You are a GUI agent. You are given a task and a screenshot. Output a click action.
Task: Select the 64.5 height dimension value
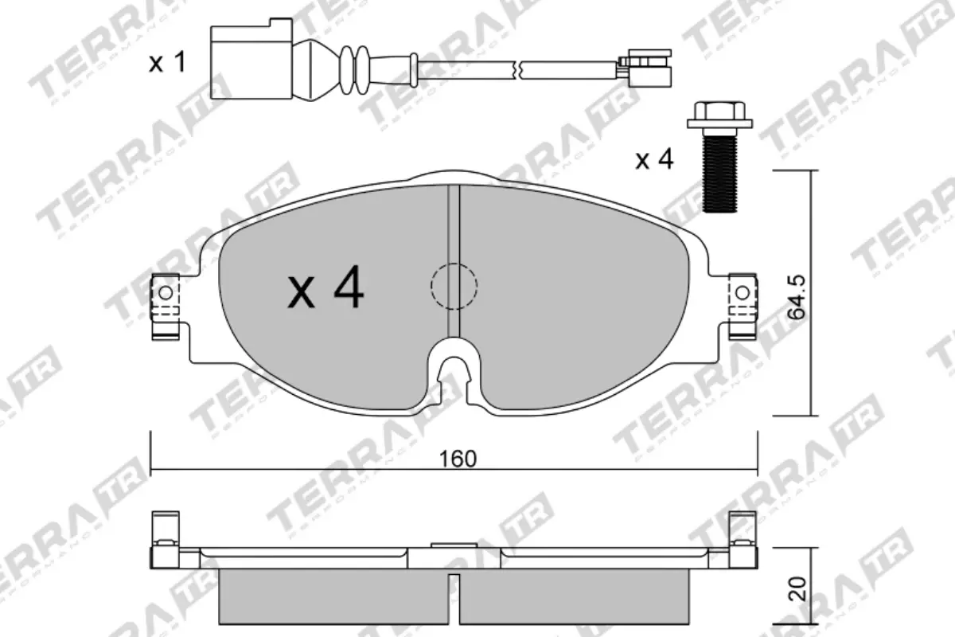pyautogui.click(x=797, y=297)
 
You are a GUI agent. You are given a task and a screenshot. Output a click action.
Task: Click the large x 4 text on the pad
pyautogui.click(x=326, y=289)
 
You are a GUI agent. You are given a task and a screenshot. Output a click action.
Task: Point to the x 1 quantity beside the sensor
pyautogui.click(x=167, y=63)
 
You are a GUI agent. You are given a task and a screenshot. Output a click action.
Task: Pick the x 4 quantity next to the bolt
pyautogui.click(x=654, y=160)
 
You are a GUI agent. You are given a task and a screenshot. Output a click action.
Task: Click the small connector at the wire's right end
pyautogui.click(x=649, y=68)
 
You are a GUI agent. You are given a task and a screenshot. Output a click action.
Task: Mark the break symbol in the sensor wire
pyautogui.click(x=518, y=70)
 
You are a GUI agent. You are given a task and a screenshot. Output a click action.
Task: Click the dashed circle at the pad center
pyautogui.click(x=453, y=286)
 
